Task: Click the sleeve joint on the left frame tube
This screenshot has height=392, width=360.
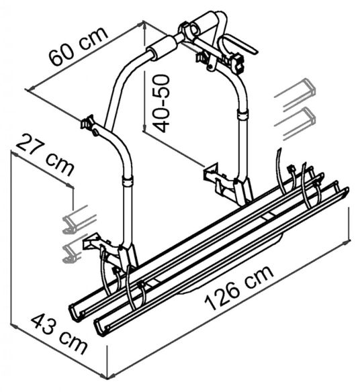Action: click(x=126, y=182)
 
